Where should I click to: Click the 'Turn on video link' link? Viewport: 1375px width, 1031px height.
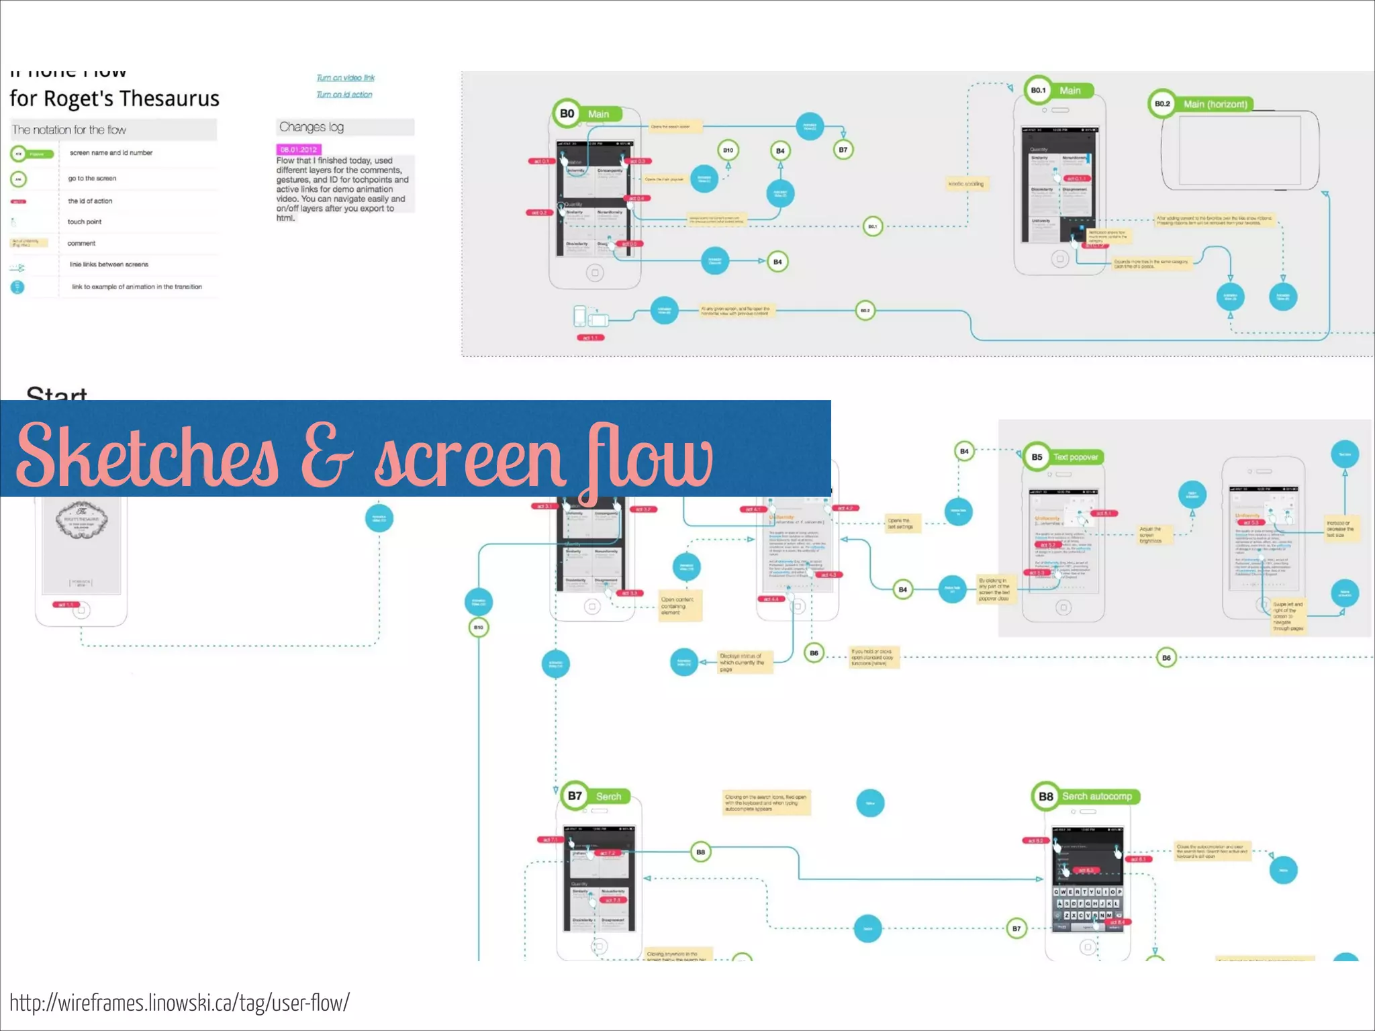point(345,78)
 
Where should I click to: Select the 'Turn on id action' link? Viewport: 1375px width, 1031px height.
point(344,95)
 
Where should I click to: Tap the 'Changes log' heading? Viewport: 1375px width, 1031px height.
point(312,127)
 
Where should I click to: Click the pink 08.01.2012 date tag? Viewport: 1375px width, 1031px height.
point(299,150)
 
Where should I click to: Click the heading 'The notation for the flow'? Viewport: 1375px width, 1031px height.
point(69,130)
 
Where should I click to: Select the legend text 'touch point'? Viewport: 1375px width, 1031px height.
point(85,222)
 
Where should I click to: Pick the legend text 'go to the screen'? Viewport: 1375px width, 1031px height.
point(92,179)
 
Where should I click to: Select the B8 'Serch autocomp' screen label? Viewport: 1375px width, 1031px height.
point(1086,796)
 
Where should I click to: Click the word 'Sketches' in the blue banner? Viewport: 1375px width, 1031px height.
point(148,456)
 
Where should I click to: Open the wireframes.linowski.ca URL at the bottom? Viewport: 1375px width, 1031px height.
point(179,1003)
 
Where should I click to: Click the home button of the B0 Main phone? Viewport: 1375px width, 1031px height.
point(595,273)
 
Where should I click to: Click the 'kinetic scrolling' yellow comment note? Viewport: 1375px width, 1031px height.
point(965,184)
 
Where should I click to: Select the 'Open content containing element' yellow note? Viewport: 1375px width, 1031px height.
point(679,605)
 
